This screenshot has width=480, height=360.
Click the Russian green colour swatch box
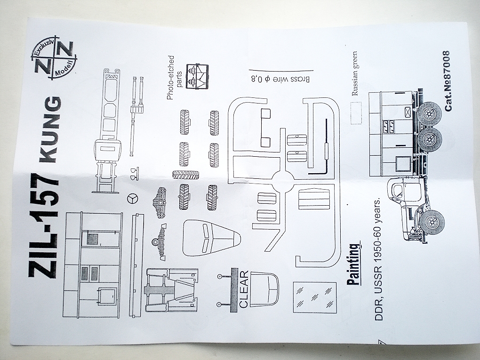[x=356, y=111]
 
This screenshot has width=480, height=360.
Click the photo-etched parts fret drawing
[x=198, y=76]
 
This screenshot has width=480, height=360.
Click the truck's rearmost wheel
[x=429, y=113]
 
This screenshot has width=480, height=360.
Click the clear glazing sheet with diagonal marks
[x=314, y=297]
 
